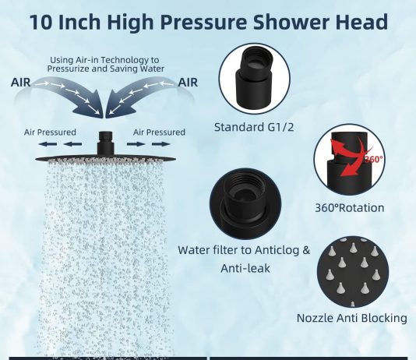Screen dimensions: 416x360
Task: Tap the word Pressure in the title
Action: (x=203, y=23)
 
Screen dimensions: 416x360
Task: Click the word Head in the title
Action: (x=361, y=22)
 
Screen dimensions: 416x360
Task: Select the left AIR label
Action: (x=21, y=83)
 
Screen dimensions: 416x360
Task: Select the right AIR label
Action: (x=188, y=83)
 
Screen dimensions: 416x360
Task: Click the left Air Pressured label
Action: (x=50, y=132)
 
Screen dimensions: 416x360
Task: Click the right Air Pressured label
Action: (x=159, y=132)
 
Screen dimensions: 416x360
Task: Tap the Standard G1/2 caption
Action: (x=254, y=127)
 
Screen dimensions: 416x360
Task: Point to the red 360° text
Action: (x=374, y=159)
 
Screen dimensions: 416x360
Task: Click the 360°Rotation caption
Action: (x=350, y=208)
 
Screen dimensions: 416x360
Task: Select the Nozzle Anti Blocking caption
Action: (x=352, y=318)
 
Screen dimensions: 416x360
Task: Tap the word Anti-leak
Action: (x=245, y=268)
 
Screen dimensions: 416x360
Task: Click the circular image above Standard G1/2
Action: (x=255, y=79)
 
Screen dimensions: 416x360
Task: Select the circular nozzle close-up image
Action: (x=353, y=272)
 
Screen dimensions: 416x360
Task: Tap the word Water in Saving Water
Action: (x=152, y=69)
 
